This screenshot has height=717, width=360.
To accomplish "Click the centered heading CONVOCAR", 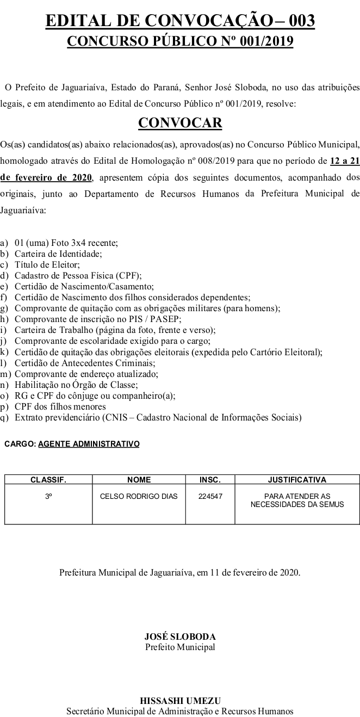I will pyautogui.click(x=180, y=123).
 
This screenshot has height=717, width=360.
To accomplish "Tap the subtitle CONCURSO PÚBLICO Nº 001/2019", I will pyautogui.click(x=180, y=41).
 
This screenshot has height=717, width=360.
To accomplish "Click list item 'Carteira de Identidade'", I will pyautogui.click(x=58, y=253).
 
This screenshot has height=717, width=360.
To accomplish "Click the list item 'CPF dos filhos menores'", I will pyautogui.click(x=60, y=406).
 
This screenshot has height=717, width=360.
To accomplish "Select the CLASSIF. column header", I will pyautogui.click(x=48, y=480).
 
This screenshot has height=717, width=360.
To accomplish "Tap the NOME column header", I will pyautogui.click(x=139, y=480).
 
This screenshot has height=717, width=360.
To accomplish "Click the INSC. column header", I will pyautogui.click(x=210, y=480).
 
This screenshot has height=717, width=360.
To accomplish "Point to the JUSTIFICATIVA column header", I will pyautogui.click(x=297, y=480).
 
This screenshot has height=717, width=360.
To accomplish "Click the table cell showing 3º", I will pyautogui.click(x=48, y=496).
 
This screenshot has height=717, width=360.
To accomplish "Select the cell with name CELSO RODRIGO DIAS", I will pyautogui.click(x=139, y=496).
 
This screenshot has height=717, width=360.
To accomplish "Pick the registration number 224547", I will pyautogui.click(x=210, y=496).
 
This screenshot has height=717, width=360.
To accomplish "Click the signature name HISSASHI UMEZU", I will pyautogui.click(x=180, y=701).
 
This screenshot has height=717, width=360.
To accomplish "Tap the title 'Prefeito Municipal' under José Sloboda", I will pyautogui.click(x=180, y=647).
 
